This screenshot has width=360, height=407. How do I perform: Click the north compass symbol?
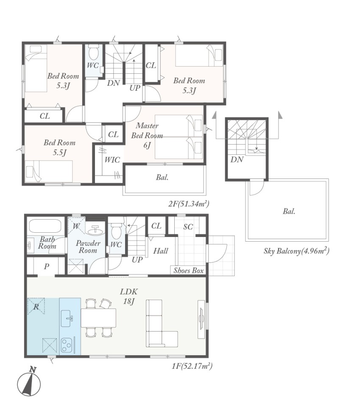29,382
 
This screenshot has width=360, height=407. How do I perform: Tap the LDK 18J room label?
129,296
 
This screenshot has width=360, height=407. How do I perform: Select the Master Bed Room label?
147,131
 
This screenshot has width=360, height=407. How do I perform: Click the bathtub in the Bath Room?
45,226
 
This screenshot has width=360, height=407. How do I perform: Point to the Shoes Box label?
189,270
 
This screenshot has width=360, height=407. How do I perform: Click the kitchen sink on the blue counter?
67,318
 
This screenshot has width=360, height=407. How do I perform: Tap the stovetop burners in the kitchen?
67,345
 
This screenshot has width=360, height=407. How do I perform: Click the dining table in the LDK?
98,318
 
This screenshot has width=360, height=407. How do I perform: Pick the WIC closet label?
112,160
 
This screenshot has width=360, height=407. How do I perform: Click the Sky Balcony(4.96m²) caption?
296,251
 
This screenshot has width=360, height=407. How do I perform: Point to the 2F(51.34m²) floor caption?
189,204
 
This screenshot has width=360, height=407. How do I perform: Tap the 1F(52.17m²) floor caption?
192,366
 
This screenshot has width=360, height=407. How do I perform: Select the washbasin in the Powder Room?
95,230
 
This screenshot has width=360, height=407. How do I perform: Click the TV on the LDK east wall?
201,319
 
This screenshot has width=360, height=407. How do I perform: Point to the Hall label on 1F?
160,251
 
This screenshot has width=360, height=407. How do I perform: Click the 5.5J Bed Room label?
60,148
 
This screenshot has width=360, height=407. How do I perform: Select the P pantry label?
47,266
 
